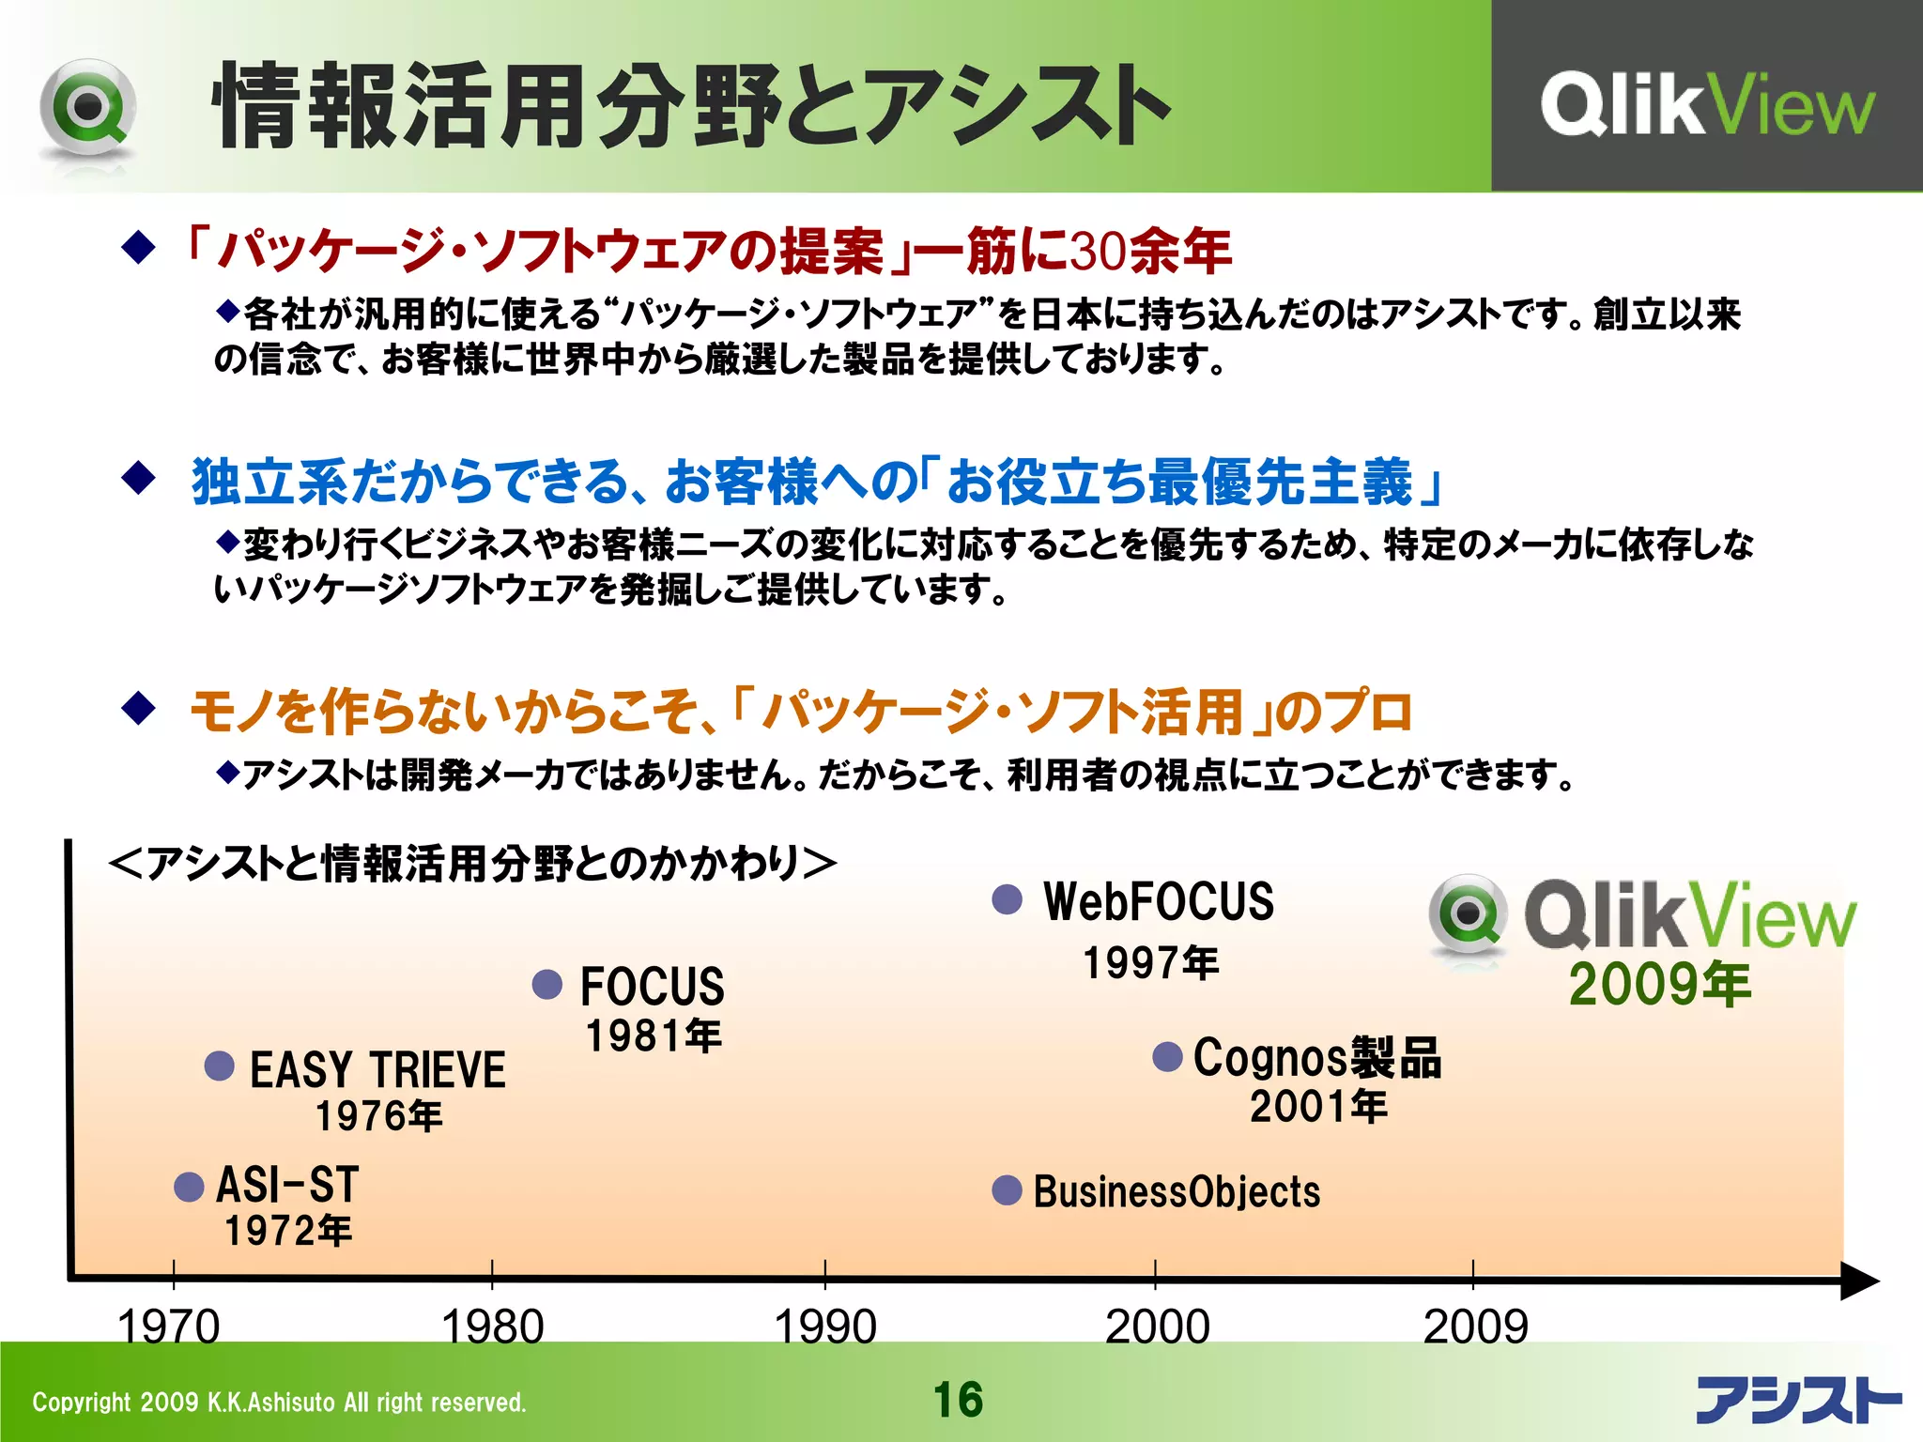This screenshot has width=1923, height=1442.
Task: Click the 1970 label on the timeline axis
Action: [169, 1327]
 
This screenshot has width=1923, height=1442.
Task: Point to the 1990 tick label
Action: [825, 1327]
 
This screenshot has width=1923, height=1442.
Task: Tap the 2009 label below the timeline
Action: [1475, 1327]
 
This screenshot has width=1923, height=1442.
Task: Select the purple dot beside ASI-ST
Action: [190, 1187]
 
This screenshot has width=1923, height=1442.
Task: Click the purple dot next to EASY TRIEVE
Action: [220, 1066]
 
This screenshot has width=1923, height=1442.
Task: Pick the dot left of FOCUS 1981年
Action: [547, 985]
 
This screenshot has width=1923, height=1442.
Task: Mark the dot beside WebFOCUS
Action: [1008, 899]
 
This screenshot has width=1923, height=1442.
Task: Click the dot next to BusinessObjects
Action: [1008, 1190]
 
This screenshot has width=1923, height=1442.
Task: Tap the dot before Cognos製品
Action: [1167, 1057]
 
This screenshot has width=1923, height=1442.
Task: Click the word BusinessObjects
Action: [1177, 1192]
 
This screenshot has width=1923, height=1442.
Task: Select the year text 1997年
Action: [1151, 963]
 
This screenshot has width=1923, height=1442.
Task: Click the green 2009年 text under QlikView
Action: [1660, 985]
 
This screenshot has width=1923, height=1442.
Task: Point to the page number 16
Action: [959, 1400]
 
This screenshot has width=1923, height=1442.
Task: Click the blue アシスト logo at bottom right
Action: [1797, 1400]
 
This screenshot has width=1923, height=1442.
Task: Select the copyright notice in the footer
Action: [279, 1403]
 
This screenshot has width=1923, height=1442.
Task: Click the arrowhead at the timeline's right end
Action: [1859, 1281]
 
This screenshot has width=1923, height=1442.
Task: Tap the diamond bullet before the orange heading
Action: [139, 709]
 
